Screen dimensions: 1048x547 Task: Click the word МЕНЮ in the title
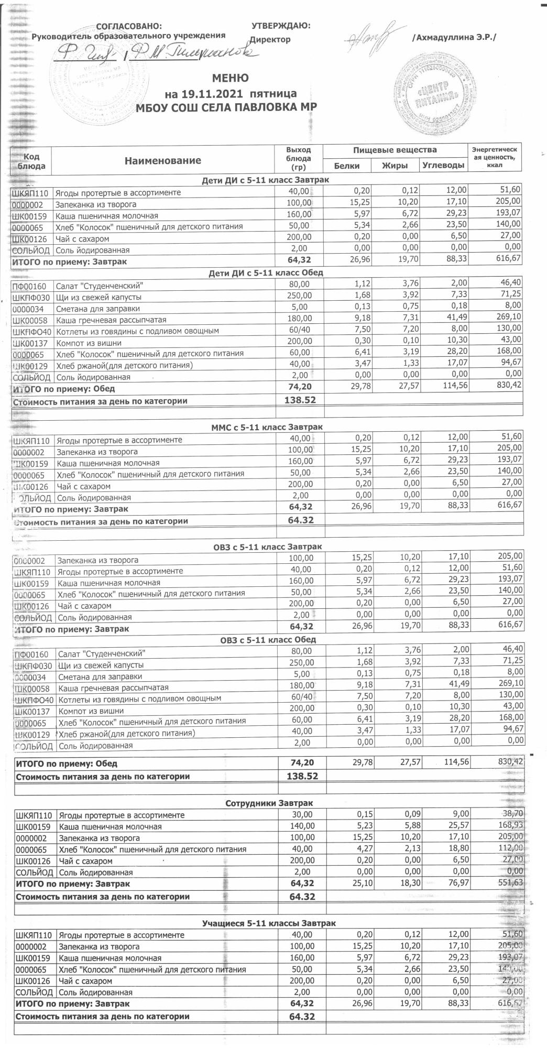click(230, 79)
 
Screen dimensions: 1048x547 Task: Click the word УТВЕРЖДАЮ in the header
click(281, 25)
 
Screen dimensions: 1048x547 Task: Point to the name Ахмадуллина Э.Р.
click(454, 38)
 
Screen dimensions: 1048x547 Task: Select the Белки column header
click(346, 166)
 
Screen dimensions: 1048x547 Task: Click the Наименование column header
click(162, 160)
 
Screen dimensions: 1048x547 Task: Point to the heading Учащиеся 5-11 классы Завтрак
click(269, 923)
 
